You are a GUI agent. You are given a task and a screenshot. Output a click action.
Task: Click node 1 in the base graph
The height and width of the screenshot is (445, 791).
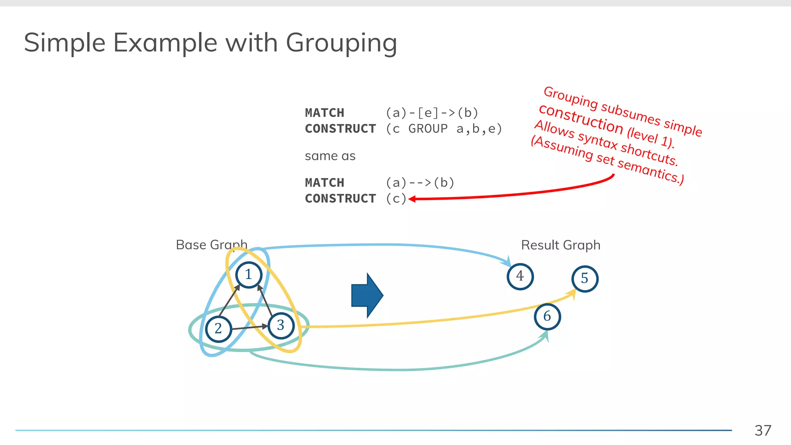pos(249,275)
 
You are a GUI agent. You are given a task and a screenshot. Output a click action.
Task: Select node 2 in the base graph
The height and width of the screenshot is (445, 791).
pos(218,329)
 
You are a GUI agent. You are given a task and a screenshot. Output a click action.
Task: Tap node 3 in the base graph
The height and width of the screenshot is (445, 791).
pos(281,326)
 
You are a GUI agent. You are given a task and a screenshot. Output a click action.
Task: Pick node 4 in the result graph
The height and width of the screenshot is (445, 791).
pos(520,276)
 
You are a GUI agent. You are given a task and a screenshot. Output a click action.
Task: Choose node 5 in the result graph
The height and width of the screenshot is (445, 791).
pos(585,279)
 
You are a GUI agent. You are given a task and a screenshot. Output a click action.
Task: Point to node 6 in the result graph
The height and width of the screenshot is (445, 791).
pos(547,316)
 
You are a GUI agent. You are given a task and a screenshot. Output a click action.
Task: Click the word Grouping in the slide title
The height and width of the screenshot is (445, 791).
pos(341,43)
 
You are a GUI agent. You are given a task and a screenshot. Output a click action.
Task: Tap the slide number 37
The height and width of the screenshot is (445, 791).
pos(763,430)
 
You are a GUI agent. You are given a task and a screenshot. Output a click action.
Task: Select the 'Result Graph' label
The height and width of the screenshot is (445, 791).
pos(560,245)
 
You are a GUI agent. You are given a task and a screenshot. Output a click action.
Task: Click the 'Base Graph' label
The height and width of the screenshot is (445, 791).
pos(211,245)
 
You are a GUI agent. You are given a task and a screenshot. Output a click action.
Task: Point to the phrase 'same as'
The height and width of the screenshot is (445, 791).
pos(330,156)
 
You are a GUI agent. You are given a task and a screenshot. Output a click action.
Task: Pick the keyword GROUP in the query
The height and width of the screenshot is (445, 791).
pos(428,129)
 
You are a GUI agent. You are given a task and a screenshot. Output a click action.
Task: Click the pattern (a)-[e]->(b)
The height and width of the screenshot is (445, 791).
pos(432,113)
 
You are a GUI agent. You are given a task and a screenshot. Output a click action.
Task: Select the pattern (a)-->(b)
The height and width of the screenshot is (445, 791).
pos(420,182)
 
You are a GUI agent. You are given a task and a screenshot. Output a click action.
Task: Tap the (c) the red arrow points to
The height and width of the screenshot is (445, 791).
pos(396,199)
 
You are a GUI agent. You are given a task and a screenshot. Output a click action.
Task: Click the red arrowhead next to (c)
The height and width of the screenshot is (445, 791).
pos(412,199)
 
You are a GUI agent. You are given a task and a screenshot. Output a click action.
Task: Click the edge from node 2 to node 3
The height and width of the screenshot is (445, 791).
pos(249,328)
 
